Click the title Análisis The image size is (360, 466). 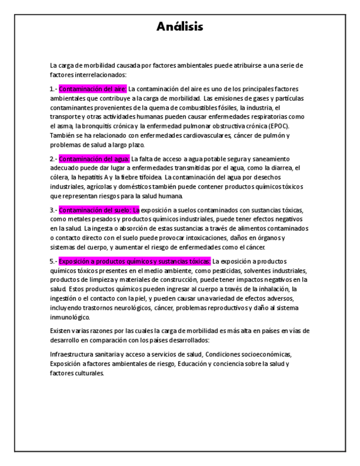pos(180,26)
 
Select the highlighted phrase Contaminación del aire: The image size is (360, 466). pos(93,88)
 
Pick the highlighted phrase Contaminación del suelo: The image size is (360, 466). pos(99,210)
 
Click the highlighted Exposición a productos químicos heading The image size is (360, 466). pos(135,261)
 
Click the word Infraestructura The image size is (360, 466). pos(74,354)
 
